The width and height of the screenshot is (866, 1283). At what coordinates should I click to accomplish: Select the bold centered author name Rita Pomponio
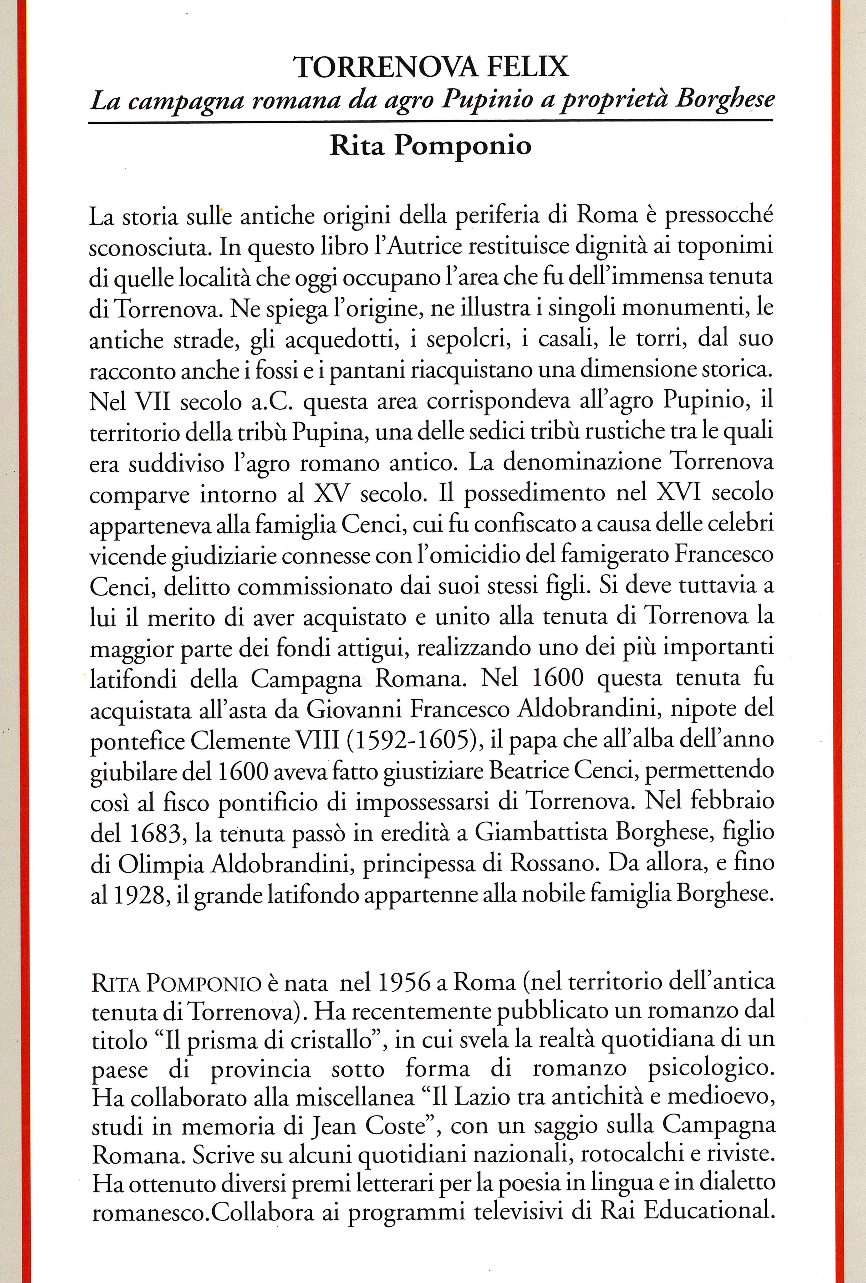tap(431, 146)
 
